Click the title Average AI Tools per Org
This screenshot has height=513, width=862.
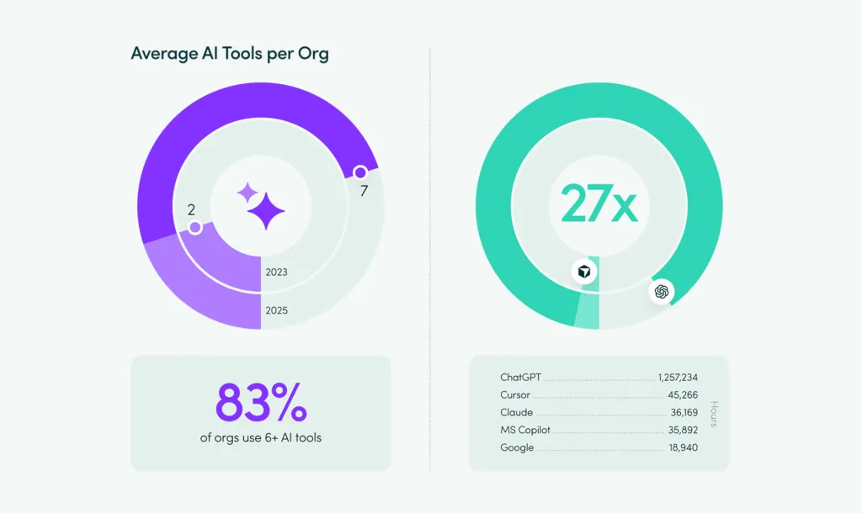(x=230, y=54)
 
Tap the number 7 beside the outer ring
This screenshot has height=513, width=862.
(x=364, y=191)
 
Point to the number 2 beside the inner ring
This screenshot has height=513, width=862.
(x=191, y=209)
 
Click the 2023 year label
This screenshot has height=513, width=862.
(x=276, y=272)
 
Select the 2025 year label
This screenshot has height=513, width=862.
(x=276, y=310)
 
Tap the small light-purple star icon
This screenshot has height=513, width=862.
(x=247, y=193)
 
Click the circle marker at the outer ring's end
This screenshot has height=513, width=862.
(x=359, y=172)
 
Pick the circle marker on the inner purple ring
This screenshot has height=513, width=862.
(x=195, y=228)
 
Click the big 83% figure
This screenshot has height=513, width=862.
(x=261, y=403)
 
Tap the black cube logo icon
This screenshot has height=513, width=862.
(x=584, y=272)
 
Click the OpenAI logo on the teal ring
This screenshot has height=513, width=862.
(x=662, y=292)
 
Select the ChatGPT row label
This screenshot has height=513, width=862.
(x=520, y=378)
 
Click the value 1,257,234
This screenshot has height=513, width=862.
(x=678, y=378)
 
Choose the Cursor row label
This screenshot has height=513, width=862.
(x=515, y=395)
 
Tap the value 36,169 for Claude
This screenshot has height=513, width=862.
(x=684, y=413)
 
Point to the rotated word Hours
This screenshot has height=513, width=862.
(x=713, y=413)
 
